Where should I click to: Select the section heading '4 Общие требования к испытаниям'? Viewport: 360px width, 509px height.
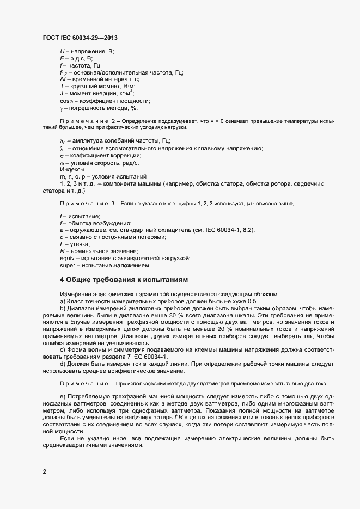click(x=124, y=280)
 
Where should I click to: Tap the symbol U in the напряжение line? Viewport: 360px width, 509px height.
click(x=62, y=51)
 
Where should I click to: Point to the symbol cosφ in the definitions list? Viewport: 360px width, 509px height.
click(x=65, y=100)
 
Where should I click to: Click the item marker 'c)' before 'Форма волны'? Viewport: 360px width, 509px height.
click(x=63, y=350)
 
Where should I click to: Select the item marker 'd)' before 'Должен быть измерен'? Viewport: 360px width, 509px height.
click(x=63, y=364)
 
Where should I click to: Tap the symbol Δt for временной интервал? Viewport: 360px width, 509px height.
click(x=63, y=79)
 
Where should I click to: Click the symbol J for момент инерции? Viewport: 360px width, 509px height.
click(x=62, y=93)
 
